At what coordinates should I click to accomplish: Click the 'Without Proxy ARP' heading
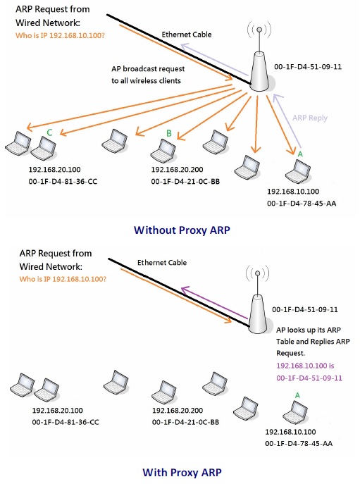pyautogui.click(x=182, y=230)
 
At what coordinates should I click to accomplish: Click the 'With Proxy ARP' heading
pyautogui.click(x=182, y=473)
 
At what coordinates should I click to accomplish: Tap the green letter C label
pyautogui.click(x=49, y=132)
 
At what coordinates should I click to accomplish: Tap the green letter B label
pyautogui.click(x=168, y=133)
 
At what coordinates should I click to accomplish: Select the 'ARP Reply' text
pyautogui.click(x=310, y=118)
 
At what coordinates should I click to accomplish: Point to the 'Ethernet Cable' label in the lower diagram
pyautogui.click(x=162, y=263)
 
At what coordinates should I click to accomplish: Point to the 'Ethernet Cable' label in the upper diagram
pyautogui.click(x=187, y=35)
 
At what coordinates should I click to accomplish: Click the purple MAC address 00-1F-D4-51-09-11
pyautogui.click(x=309, y=378)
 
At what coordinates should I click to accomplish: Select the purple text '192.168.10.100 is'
pyautogui.click(x=305, y=366)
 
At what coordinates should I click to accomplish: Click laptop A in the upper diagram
pyautogui.click(x=298, y=171)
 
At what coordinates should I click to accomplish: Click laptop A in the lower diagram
pyautogui.click(x=295, y=412)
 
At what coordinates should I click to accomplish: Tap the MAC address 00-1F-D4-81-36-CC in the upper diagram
pyautogui.click(x=63, y=182)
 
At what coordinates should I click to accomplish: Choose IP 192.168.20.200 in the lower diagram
pyautogui.click(x=178, y=411)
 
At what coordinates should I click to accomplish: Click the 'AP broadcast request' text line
pyautogui.click(x=148, y=69)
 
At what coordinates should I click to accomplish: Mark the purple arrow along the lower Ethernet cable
pyautogui.click(x=214, y=303)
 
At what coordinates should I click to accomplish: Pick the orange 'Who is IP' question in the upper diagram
pyautogui.click(x=60, y=35)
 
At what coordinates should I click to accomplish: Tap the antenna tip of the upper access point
pyautogui.click(x=259, y=30)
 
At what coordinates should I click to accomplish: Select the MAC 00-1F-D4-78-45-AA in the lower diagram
pyautogui.click(x=299, y=444)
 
